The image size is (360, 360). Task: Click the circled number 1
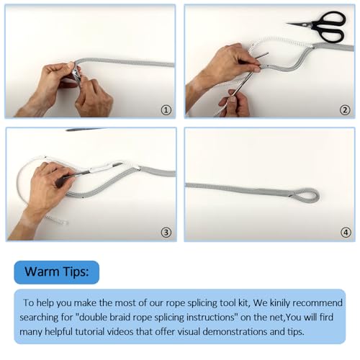tap(166, 110)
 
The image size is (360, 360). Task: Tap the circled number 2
tap(345, 110)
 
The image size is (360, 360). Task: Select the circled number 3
tap(166, 232)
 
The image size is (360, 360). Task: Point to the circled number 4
tap(346, 232)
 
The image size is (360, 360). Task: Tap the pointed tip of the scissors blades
tap(287, 23)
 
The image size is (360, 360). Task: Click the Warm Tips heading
tap(57, 272)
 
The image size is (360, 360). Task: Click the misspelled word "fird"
tap(327, 318)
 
